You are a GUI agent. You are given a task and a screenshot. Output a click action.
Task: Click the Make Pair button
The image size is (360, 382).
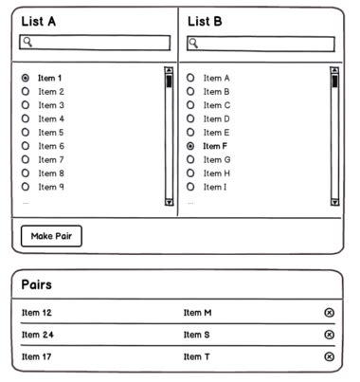click(x=51, y=236)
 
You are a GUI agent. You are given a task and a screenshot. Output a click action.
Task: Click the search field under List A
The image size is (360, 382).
click(x=95, y=43)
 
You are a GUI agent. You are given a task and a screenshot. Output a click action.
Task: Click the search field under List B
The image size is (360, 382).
click(x=261, y=44)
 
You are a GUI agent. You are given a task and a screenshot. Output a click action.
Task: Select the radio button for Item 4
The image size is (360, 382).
click(x=25, y=118)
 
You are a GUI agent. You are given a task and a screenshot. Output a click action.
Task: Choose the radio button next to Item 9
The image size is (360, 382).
click(x=25, y=187)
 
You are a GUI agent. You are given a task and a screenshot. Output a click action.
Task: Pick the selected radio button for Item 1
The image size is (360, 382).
click(x=25, y=78)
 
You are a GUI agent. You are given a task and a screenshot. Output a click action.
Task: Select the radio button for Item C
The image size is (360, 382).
click(x=190, y=105)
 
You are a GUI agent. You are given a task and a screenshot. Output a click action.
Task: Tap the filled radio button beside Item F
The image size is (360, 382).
click(x=190, y=146)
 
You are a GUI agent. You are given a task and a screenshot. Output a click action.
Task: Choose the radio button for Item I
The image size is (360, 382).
click(x=190, y=187)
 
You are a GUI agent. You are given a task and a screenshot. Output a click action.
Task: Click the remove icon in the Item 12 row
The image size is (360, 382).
click(x=329, y=313)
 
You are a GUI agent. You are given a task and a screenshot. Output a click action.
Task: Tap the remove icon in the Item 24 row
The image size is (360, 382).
click(x=329, y=335)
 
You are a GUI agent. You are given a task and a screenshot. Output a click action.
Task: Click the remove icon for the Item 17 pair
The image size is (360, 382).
click(x=329, y=356)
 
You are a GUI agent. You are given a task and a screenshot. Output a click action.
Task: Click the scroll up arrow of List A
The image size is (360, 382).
click(x=169, y=70)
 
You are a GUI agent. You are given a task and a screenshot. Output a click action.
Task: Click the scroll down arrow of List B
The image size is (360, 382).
click(x=333, y=201)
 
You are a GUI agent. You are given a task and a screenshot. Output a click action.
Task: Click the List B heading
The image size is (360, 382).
click(x=205, y=21)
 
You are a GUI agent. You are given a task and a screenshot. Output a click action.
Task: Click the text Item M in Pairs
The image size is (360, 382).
click(x=197, y=313)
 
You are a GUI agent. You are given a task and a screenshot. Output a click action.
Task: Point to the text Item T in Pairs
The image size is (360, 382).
click(x=196, y=356)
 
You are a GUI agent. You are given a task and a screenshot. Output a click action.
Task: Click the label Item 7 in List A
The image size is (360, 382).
click(x=50, y=159)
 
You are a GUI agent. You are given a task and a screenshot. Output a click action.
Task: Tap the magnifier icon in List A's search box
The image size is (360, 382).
click(x=27, y=42)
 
